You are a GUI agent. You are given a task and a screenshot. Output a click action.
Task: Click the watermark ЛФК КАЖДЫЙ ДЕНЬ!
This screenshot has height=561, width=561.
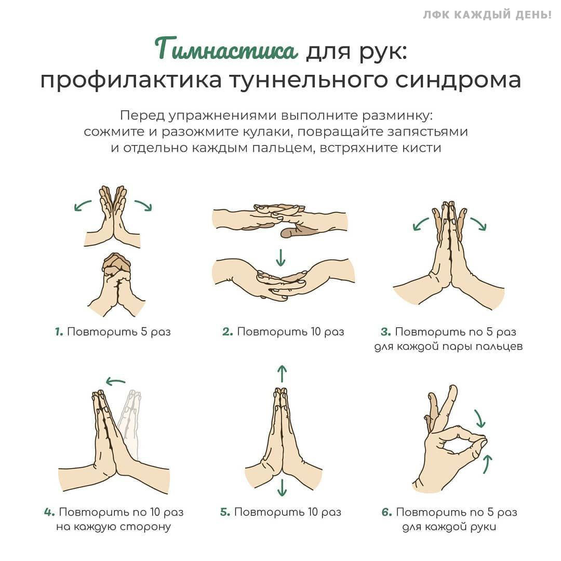[x=487, y=15]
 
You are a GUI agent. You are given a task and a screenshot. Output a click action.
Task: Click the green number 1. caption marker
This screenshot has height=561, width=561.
[x=59, y=331]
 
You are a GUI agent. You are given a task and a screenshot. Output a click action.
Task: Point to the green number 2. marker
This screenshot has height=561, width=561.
[x=228, y=331]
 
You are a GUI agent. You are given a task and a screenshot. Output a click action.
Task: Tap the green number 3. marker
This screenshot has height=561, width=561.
[x=385, y=331]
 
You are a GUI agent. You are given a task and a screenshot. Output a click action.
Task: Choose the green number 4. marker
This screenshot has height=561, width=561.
[x=49, y=512]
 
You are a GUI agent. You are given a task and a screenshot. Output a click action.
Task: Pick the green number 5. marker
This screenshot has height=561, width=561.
[x=225, y=512]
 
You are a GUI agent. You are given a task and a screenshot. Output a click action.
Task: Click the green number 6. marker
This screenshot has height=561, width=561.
[x=386, y=512]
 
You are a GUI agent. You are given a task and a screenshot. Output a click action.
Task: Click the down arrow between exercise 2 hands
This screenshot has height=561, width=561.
[x=281, y=257]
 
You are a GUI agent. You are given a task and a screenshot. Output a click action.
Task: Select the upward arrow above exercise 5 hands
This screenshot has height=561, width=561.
[x=282, y=373]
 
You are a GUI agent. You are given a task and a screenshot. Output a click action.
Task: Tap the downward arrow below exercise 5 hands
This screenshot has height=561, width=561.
[x=282, y=487]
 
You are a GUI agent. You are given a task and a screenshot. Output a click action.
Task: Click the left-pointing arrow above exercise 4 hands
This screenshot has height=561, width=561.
[x=115, y=382]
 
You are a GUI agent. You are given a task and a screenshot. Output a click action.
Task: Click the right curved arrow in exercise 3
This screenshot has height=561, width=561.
[x=478, y=223]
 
